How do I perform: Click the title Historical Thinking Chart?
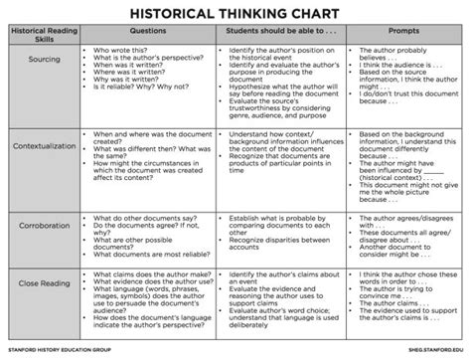pos(235,15)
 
